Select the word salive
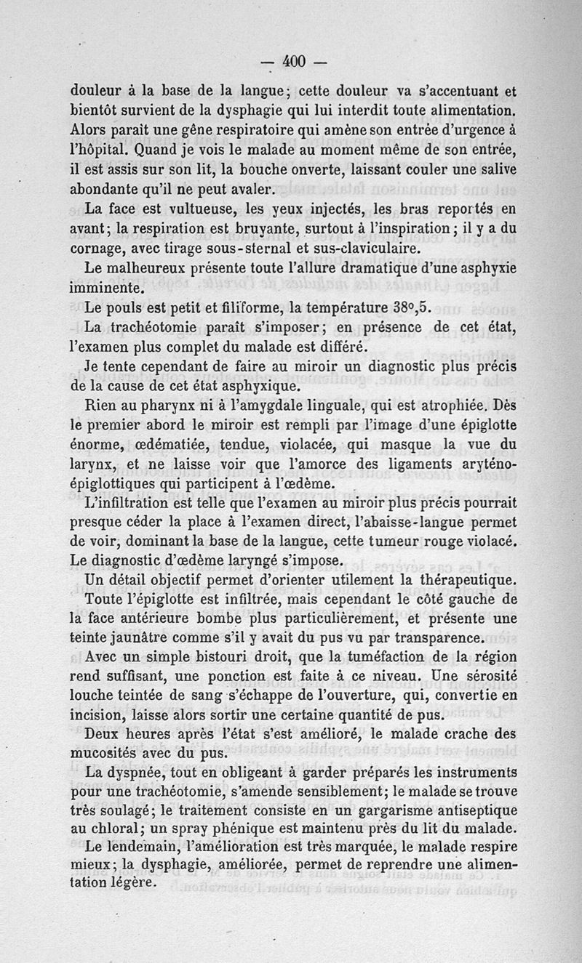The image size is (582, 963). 495,170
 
